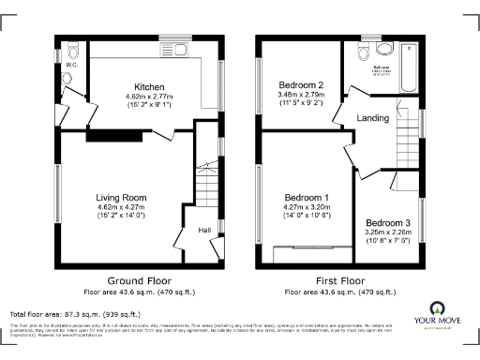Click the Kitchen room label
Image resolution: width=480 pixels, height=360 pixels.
[x=149, y=86]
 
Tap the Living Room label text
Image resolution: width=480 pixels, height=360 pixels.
[x=122, y=197]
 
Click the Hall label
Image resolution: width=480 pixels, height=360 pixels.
[x=204, y=229]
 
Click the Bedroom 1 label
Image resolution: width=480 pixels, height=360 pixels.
[x=306, y=197]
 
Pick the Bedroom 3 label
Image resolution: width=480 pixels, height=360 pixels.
[x=385, y=221]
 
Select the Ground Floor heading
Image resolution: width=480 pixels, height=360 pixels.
[x=137, y=281]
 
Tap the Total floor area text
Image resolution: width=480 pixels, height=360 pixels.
[x=75, y=314]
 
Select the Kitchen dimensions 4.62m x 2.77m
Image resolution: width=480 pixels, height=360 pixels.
[x=149, y=96]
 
